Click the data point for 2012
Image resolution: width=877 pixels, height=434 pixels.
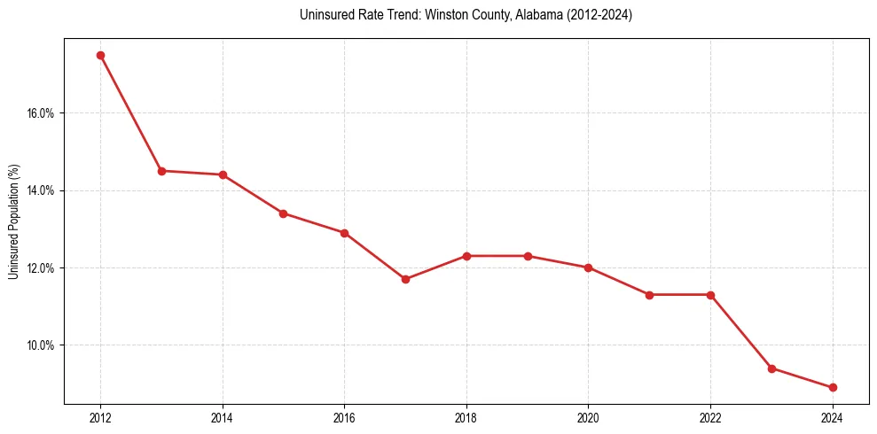pos(100,55)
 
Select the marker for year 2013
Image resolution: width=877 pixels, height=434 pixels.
pos(161,171)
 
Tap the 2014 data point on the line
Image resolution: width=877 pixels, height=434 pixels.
pos(223,174)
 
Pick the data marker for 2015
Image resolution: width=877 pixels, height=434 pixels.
pos(283,213)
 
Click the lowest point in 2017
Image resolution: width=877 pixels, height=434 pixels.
pos(405,279)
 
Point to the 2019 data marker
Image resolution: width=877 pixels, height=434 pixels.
pos(528,256)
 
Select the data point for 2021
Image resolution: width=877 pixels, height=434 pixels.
pos(649,295)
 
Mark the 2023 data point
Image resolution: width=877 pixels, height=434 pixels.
pos(771,368)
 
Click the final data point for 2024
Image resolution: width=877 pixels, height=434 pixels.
pos(833,387)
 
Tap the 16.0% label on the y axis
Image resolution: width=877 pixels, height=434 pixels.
pos(42,113)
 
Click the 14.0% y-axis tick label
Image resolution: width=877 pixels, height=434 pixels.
pos(42,190)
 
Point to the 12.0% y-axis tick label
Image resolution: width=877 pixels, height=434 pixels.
pos(42,267)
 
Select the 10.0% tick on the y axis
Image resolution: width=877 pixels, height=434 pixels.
pos(42,345)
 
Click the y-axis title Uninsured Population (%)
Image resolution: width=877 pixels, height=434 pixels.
pos(14,221)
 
